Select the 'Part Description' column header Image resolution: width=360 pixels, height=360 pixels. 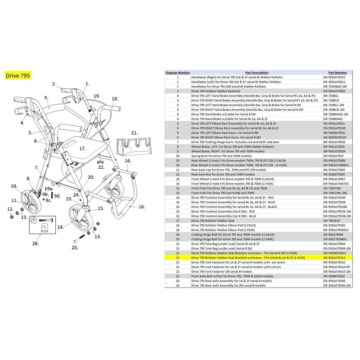coord(257,72)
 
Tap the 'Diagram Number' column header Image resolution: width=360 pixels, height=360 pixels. coord(178,72)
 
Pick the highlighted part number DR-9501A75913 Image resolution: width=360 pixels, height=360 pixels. coord(334,257)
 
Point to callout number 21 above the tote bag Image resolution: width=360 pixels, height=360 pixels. coord(134,133)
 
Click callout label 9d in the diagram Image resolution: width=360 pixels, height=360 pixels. coord(57,196)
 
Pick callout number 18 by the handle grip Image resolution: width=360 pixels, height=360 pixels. coord(114,99)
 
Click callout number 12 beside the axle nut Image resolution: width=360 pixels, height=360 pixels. coord(10,209)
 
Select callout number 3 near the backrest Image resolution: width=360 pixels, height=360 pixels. coord(46,97)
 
